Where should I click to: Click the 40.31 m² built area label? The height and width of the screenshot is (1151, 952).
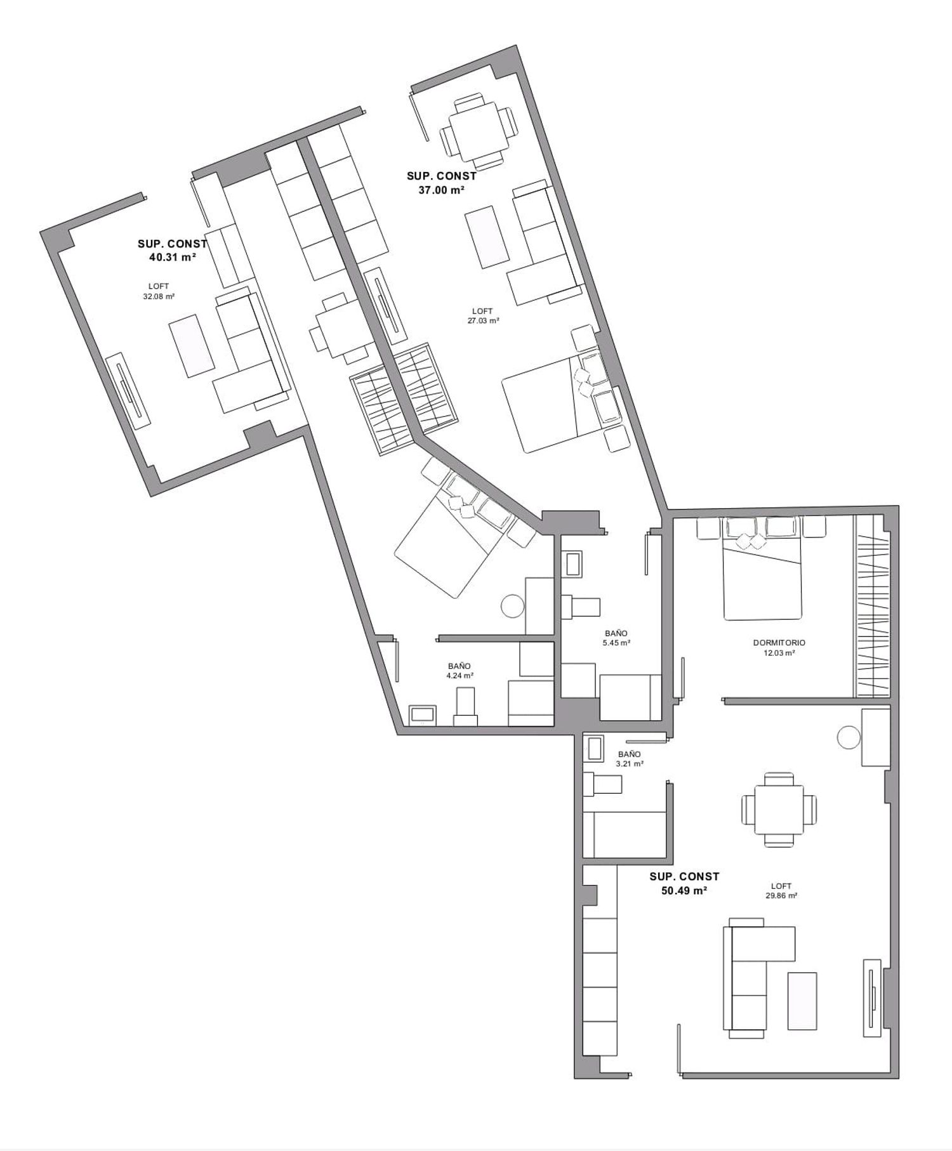[172, 251]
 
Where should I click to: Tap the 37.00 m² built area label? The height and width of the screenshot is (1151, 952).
[442, 183]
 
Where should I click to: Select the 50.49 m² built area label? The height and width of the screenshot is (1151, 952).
[684, 883]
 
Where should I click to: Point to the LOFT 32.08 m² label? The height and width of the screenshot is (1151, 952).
[159, 291]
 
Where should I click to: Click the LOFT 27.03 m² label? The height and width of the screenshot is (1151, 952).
[482, 316]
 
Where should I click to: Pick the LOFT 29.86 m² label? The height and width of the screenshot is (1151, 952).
[781, 891]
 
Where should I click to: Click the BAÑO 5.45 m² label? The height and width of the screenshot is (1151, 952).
[616, 638]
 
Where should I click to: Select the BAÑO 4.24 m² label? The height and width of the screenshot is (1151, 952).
[459, 671]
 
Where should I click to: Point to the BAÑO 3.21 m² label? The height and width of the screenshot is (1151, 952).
[630, 759]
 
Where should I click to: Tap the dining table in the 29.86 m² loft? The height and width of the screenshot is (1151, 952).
[779, 809]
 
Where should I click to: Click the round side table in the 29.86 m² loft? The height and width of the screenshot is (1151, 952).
[849, 737]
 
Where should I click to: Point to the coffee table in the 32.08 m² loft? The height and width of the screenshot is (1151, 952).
[191, 347]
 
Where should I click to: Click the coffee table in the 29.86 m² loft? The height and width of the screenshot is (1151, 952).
[802, 1001]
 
